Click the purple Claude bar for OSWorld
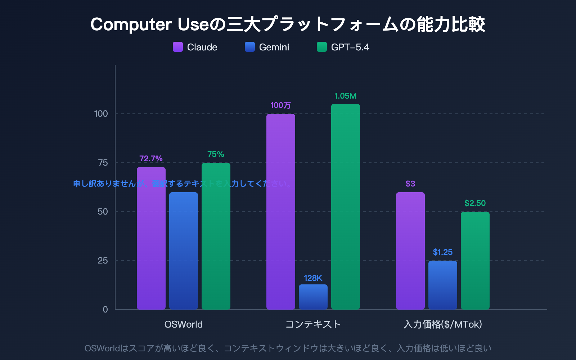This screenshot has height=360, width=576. point(151,245)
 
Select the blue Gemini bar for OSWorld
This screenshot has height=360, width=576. point(184,252)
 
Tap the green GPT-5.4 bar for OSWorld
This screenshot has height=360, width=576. point(216,238)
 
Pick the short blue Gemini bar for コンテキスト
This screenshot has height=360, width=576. point(313,297)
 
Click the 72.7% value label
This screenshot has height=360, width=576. point(151,158)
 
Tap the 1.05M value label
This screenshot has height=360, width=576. point(345,96)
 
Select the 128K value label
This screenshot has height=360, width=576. point(313,278)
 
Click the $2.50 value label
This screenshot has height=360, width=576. point(475,203)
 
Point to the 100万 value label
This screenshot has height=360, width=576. point(280,105)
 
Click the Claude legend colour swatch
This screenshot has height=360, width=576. point(178,47)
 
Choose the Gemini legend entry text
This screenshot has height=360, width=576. point(274,47)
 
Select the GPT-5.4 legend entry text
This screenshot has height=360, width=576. point(350,47)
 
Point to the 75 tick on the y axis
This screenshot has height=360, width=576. point(103,163)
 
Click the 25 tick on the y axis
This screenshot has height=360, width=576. point(103,261)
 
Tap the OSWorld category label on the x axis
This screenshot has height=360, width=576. point(184,324)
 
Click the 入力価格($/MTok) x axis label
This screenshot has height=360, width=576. point(443,324)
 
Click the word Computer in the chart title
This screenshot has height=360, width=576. point(131,24)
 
